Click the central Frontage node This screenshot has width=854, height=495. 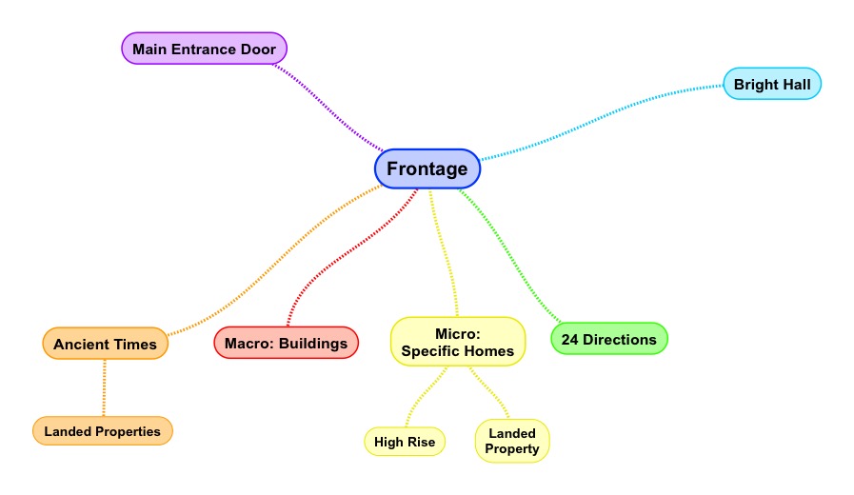427,169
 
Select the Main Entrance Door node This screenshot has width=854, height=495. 204,49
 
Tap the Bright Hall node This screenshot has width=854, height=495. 771,85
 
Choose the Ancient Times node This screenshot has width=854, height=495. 105,344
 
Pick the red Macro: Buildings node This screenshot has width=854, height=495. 286,343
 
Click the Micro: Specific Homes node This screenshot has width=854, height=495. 458,342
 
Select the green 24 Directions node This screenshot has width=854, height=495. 609,339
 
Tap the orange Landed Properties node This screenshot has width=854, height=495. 103,431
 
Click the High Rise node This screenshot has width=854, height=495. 405,442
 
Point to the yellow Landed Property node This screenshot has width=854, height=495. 513,441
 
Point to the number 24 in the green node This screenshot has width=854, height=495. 569,339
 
